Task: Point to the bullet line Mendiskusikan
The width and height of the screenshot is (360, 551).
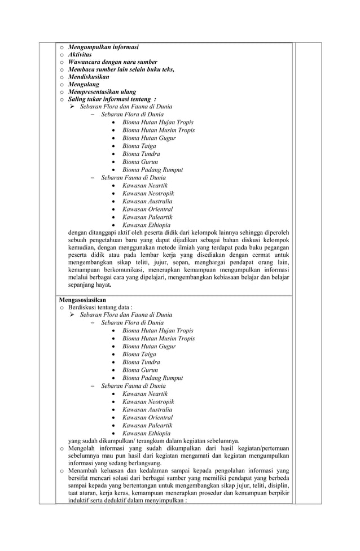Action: pos(89,77)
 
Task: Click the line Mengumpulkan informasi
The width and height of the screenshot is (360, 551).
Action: pos(103,46)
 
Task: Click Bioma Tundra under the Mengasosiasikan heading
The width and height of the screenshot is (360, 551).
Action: pos(141,362)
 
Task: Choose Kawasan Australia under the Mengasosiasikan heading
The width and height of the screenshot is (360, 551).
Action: pos(147,410)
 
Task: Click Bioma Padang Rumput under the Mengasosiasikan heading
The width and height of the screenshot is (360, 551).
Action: pos(152,378)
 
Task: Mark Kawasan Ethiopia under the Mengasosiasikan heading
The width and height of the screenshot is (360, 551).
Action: pos(146,434)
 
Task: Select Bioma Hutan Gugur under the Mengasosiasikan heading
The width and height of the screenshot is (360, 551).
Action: pos(149,347)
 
